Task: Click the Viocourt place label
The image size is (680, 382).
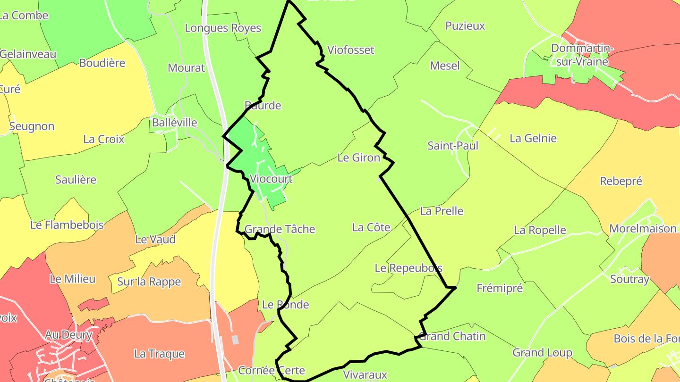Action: [x=271, y=179]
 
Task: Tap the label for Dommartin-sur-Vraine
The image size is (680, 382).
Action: [x=582, y=55]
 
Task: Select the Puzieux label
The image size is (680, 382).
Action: [x=465, y=26]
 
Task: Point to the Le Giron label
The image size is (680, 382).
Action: [x=359, y=158]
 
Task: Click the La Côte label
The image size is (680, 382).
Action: [x=371, y=227]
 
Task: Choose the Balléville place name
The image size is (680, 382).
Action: [x=174, y=123]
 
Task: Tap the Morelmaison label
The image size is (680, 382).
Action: [x=643, y=229]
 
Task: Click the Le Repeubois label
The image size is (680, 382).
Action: [x=408, y=268]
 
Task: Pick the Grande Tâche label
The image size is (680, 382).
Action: [x=280, y=229]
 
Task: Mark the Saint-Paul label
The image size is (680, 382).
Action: [x=453, y=146]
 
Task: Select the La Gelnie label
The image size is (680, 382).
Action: [x=533, y=139]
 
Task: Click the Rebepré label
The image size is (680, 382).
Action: [x=621, y=181]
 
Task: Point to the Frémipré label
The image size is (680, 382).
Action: [x=500, y=288]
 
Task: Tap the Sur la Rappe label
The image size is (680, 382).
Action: [x=149, y=282]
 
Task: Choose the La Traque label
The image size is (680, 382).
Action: [x=160, y=354]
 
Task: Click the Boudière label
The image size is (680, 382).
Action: [x=102, y=63]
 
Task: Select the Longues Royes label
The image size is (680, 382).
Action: [x=223, y=28]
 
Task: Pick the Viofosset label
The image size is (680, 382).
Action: [x=350, y=50]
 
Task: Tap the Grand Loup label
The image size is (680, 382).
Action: [x=543, y=353]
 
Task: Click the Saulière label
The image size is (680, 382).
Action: [x=76, y=180]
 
